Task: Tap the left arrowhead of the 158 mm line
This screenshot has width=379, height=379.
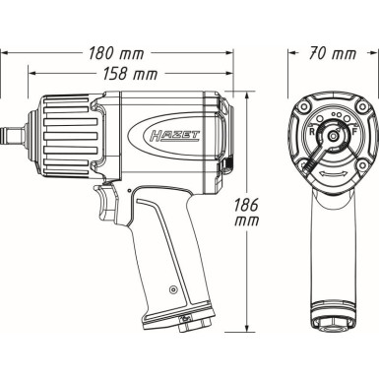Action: coord(31,74)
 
